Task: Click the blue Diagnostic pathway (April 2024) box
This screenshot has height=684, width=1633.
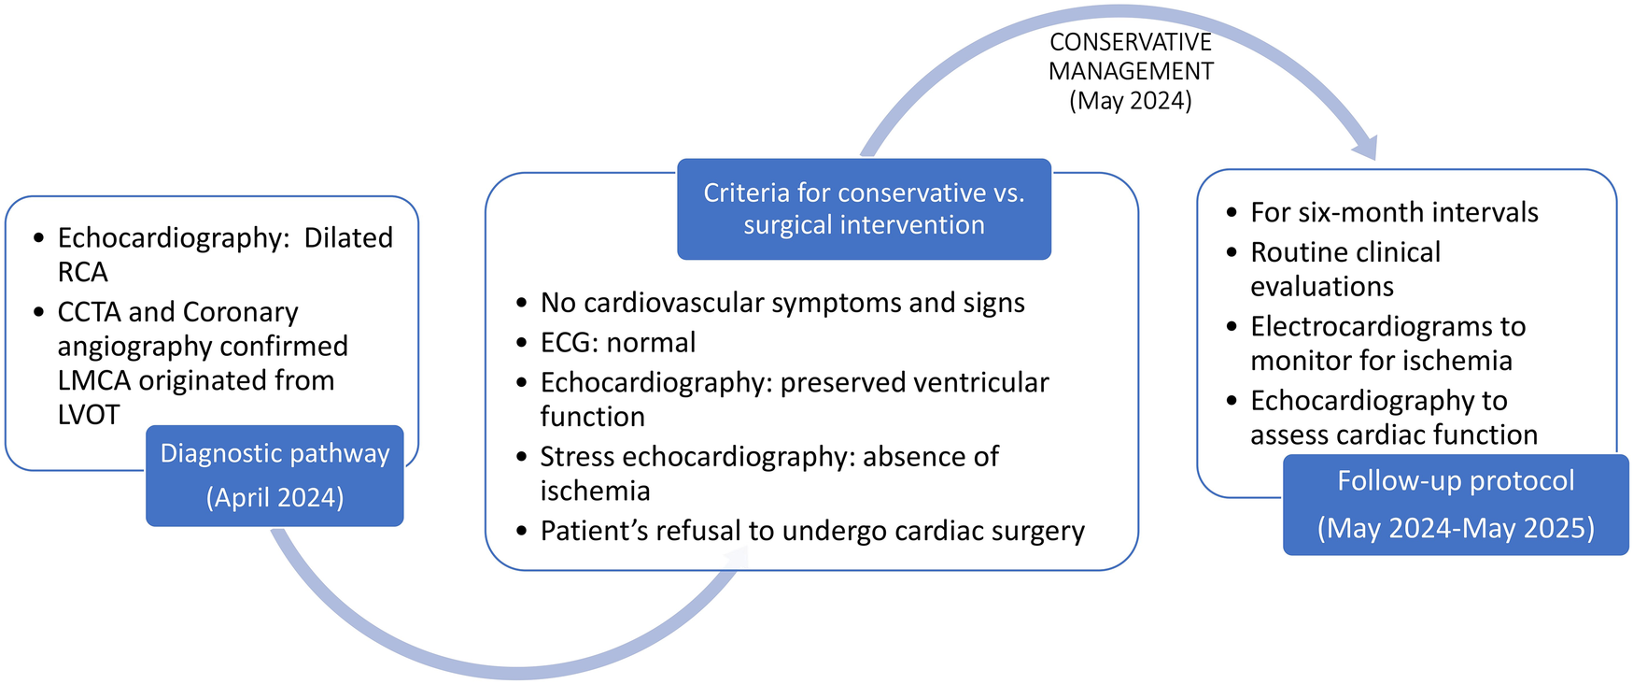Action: coord(275,476)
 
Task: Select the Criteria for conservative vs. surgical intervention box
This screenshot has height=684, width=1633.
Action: coord(864,208)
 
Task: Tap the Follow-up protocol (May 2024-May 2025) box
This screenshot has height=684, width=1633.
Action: coord(1456,505)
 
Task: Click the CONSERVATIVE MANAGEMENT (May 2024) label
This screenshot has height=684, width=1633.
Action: coord(1131,71)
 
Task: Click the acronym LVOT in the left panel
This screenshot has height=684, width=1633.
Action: coord(89,414)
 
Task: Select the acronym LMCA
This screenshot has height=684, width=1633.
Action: coord(94,380)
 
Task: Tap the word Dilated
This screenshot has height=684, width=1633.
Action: coord(348,238)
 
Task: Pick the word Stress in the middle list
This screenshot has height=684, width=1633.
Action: coord(577,456)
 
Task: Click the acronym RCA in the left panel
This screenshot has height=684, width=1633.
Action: coord(83,272)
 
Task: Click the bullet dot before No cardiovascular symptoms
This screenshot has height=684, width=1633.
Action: coord(521,305)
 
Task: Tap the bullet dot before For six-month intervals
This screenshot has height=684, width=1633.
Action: coord(1232,214)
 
